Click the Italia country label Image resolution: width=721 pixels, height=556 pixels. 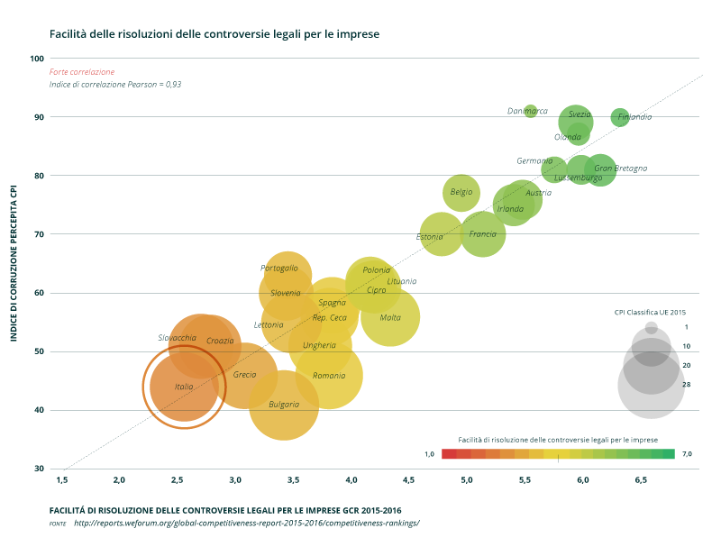(x=184, y=387)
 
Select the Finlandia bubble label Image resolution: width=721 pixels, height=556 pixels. (x=634, y=117)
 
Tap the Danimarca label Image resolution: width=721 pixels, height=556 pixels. (x=527, y=111)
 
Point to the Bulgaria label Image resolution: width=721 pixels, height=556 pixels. (x=284, y=405)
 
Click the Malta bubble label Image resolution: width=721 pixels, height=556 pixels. (x=390, y=317)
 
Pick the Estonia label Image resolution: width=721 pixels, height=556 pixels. (x=430, y=237)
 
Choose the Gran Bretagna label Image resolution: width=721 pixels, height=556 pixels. (x=620, y=169)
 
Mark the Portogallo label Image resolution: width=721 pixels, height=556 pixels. (x=279, y=268)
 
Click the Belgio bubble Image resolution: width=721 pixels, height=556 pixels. (x=461, y=192)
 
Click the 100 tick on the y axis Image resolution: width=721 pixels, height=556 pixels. (x=37, y=59)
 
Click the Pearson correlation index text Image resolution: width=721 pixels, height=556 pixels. (x=115, y=84)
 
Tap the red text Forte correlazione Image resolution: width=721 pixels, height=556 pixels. (x=82, y=71)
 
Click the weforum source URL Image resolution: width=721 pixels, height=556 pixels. (x=246, y=523)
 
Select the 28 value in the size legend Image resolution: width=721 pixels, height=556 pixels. (x=686, y=384)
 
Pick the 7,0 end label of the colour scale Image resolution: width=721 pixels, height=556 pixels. (x=687, y=453)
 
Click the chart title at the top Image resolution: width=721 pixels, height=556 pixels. (x=214, y=33)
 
